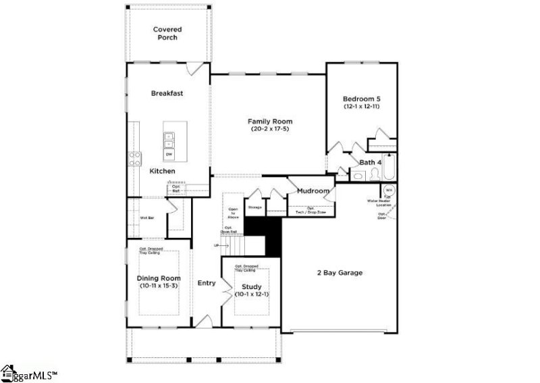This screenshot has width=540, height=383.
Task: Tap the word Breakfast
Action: (x=167, y=93)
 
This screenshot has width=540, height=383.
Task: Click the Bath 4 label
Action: (x=371, y=163)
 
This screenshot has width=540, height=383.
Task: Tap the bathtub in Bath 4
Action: (x=390, y=168)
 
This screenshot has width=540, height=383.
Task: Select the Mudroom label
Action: (x=313, y=191)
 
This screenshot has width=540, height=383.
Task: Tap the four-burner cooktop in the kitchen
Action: (x=135, y=159)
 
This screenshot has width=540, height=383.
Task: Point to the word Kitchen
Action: (x=163, y=172)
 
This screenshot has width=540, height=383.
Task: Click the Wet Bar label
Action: (x=148, y=218)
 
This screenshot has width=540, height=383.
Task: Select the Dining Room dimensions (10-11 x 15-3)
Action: (x=159, y=286)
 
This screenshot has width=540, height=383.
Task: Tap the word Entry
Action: (x=206, y=283)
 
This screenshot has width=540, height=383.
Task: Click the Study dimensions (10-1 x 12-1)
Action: (x=252, y=295)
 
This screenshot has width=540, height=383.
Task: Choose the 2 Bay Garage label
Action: (x=340, y=273)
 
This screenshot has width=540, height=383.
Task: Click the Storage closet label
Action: (x=254, y=207)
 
